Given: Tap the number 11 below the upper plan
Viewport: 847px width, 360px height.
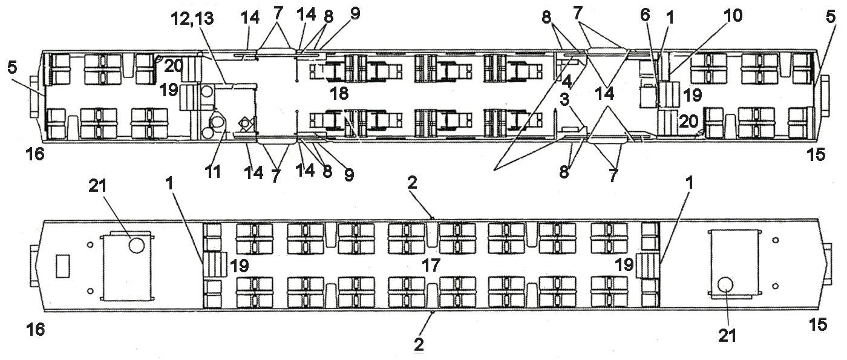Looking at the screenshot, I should (x=212, y=172).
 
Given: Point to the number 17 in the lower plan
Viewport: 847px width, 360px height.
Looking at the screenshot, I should (x=430, y=264).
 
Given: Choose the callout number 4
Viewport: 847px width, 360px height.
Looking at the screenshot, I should (x=566, y=80).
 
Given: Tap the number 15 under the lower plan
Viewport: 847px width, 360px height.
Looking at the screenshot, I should (x=817, y=325).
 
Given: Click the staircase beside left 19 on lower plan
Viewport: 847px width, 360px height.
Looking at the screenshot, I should (x=215, y=265).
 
